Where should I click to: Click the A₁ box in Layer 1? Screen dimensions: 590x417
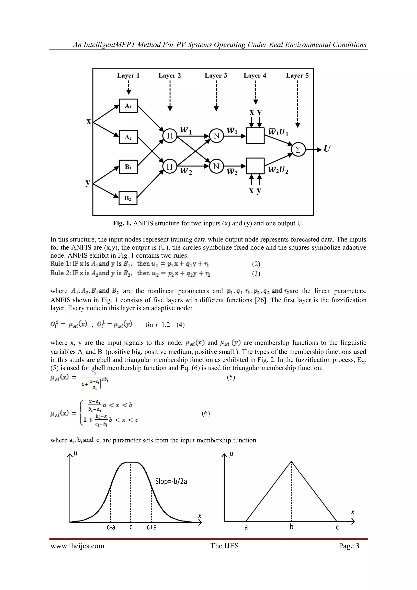coord(128,106)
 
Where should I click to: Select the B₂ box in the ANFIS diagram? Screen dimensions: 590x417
coord(128,198)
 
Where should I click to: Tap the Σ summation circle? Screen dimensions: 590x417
coord(298,150)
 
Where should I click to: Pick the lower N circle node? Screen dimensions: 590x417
coord(216,166)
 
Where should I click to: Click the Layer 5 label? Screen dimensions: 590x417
coord(297,76)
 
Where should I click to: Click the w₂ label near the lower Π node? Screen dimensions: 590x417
coord(186,171)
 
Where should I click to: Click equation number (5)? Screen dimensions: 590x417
coord(231,377)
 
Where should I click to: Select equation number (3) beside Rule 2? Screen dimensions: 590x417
coord(256,273)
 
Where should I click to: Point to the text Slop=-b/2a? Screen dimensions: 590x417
coord(171,481)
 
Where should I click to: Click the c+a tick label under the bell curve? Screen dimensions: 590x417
coord(151,527)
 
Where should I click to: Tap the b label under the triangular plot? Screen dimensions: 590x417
coord(291,527)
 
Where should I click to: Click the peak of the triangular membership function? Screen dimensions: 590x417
coord(291,462)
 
